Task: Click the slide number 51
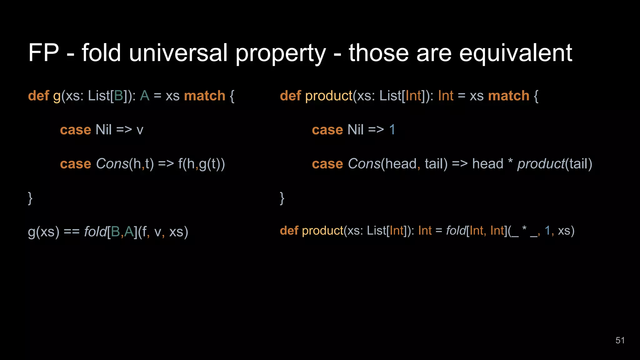pyautogui.click(x=620, y=340)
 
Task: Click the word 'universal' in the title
pyautogui.click(x=178, y=53)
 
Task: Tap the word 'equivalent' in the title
pyautogui.click(x=516, y=53)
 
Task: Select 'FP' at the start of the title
pyautogui.click(x=43, y=53)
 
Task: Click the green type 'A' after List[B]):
pyautogui.click(x=145, y=96)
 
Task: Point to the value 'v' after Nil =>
pyautogui.click(x=140, y=130)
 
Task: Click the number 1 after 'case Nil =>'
pyautogui.click(x=392, y=130)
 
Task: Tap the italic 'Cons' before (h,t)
pyautogui.click(x=112, y=164)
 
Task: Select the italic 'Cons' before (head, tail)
pyautogui.click(x=364, y=164)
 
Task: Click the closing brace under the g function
pyautogui.click(x=30, y=198)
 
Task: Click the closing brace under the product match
pyautogui.click(x=282, y=198)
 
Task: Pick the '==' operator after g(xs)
pyautogui.click(x=72, y=232)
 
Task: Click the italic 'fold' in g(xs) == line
pyautogui.click(x=95, y=232)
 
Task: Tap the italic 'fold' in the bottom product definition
pyautogui.click(x=456, y=231)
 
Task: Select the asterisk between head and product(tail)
pyautogui.click(x=510, y=162)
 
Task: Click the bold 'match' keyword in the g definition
pyautogui.click(x=205, y=96)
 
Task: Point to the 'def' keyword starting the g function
pyautogui.click(x=38, y=96)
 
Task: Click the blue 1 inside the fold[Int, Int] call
pyautogui.click(x=547, y=231)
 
